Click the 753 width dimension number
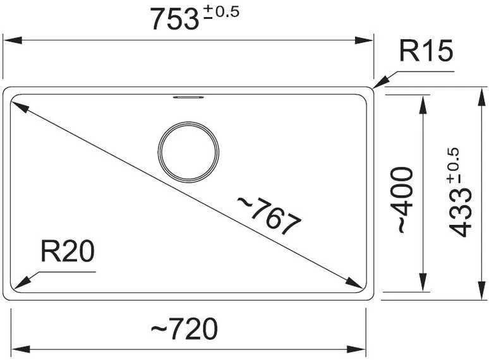point(174,20)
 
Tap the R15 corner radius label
point(426,51)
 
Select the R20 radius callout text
point(68,251)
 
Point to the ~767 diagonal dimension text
point(269,216)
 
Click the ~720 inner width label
point(184,328)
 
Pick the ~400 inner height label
point(405,200)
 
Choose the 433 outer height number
point(460,214)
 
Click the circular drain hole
point(188,152)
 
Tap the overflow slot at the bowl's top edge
point(188,97)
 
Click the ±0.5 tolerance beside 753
point(221,13)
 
